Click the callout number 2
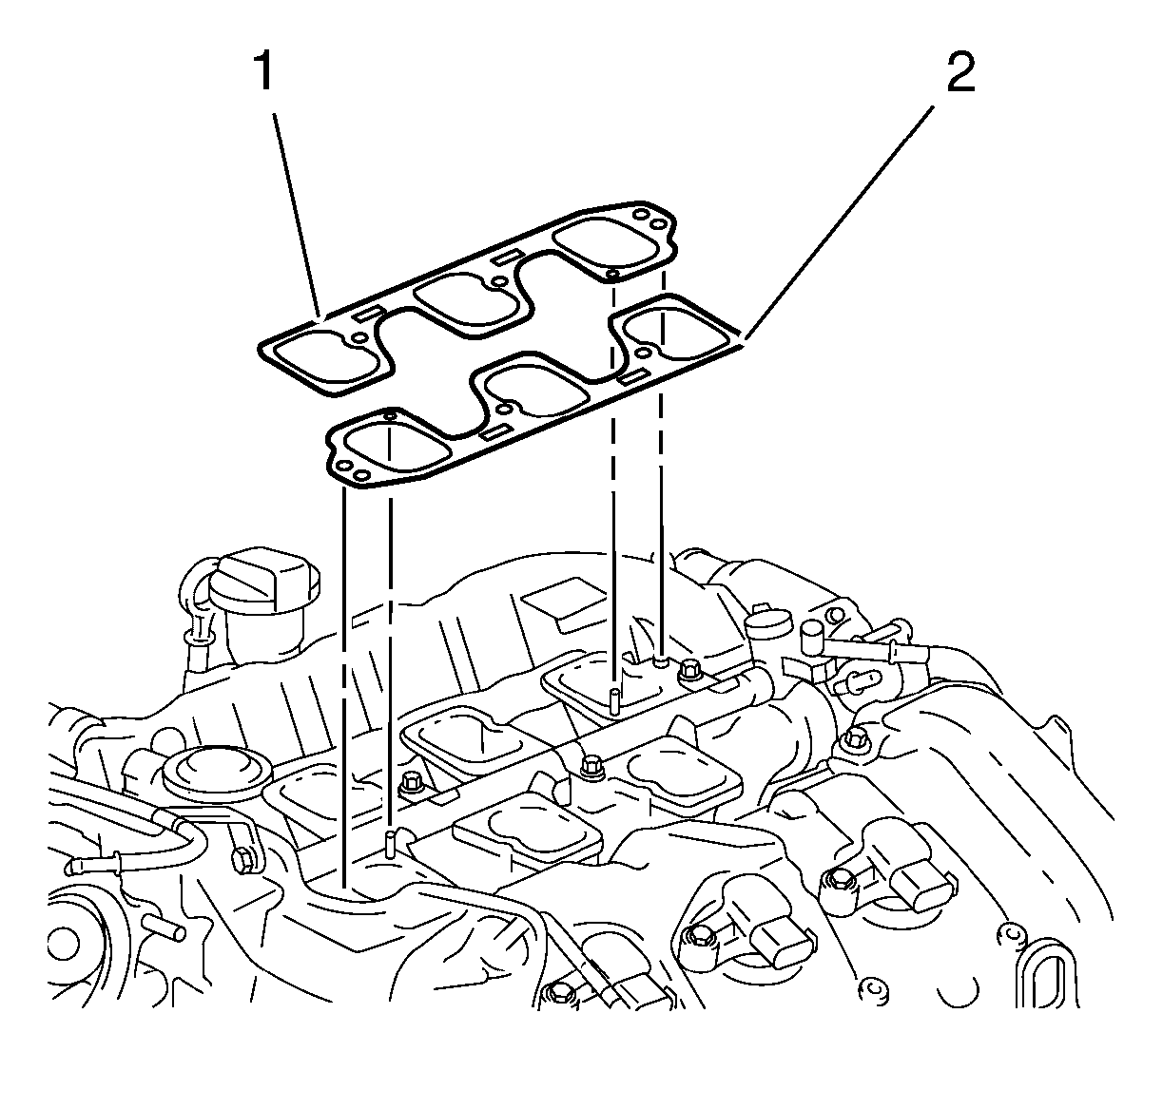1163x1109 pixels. click(959, 72)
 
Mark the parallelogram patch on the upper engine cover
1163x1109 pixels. click(562, 602)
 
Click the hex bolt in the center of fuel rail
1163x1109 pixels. click(591, 763)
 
